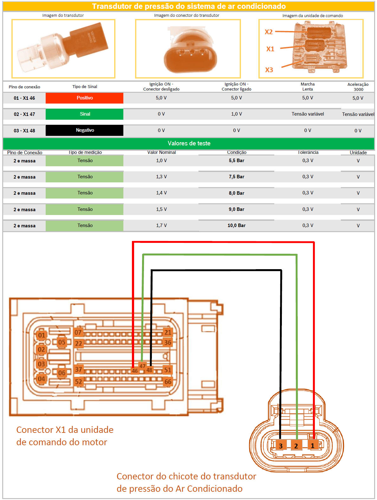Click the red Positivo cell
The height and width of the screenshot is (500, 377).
pos(84,98)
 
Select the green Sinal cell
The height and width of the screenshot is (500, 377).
pos(84,114)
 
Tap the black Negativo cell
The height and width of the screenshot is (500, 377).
pos(84,130)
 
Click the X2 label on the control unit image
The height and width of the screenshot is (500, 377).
pos(269,32)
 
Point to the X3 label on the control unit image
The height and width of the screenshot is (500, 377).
pos(269,70)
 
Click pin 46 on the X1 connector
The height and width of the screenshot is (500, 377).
pos(135,371)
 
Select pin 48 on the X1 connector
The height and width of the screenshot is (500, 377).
pos(149,370)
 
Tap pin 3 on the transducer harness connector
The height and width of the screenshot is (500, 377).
pos(281,446)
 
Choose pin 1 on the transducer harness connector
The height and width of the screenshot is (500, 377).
pos(313,445)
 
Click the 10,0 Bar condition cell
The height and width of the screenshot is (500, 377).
pos(237,225)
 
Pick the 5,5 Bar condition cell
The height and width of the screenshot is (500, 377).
pos(237,161)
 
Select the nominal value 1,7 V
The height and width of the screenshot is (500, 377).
pos(161,225)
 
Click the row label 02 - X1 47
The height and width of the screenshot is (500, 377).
pos(24,114)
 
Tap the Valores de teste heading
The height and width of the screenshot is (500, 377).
pos(189,143)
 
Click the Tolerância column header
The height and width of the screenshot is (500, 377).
pos(308,152)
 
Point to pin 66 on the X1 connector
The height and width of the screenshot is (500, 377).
pos(168,382)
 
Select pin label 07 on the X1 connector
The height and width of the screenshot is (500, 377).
pos(78,332)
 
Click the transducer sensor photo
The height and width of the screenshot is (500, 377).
pos(63,48)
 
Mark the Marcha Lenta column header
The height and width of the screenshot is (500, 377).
pos(308,86)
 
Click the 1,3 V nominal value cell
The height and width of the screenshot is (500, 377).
pos(161,177)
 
